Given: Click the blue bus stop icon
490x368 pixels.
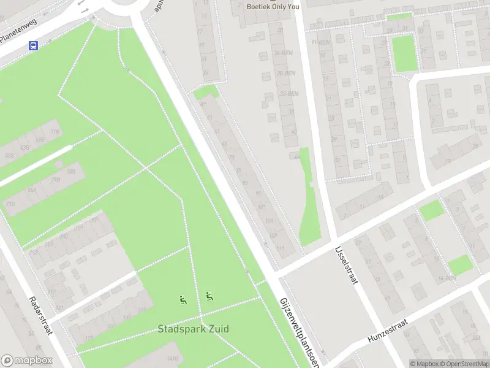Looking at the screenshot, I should (x=34, y=45).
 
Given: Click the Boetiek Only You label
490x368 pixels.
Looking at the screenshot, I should (x=273, y=7).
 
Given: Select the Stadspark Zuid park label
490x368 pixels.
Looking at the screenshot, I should (x=194, y=329).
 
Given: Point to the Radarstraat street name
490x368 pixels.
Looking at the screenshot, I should (x=40, y=315).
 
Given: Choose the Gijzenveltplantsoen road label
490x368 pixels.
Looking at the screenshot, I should (x=299, y=331).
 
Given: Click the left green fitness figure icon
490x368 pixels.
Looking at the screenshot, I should (x=183, y=300).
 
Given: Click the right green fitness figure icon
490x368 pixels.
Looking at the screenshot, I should (x=209, y=296).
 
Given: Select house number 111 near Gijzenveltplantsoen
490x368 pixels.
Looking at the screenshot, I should (x=281, y=248).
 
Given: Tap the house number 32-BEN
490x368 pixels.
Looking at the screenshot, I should (x=288, y=93).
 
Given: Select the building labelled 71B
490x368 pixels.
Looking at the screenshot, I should (x=10, y=204).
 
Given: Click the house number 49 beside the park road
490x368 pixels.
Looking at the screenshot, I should (x=203, y=104).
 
